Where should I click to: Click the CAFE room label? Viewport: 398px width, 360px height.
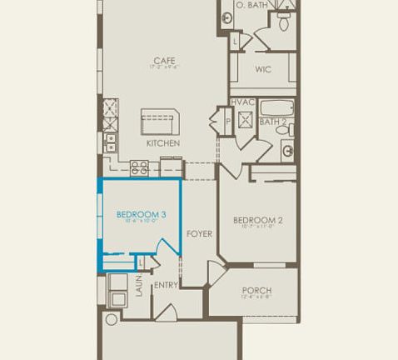pos(163,60)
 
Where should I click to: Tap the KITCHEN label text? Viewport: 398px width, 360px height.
pos(163,143)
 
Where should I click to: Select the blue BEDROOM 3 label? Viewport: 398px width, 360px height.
pos(141,215)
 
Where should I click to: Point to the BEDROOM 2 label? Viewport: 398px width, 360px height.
pos(257,220)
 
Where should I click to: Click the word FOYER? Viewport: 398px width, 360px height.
pos(198,234)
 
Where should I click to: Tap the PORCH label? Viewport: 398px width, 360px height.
pos(256,291)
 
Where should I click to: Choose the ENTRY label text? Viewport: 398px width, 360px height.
pos(166,285)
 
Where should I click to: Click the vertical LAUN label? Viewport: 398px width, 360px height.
pos(139,287)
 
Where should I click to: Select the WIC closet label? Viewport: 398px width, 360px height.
pos(263,69)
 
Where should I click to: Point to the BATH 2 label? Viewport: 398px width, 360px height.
pos(272,122)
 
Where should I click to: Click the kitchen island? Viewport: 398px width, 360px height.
pos(161,121)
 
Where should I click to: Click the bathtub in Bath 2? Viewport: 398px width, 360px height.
pos(276,107)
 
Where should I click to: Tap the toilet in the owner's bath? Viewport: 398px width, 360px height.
pos(284,22)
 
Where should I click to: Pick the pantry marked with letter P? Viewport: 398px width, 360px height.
pos(227,122)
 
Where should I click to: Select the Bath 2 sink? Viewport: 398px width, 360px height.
pos(287,151)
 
